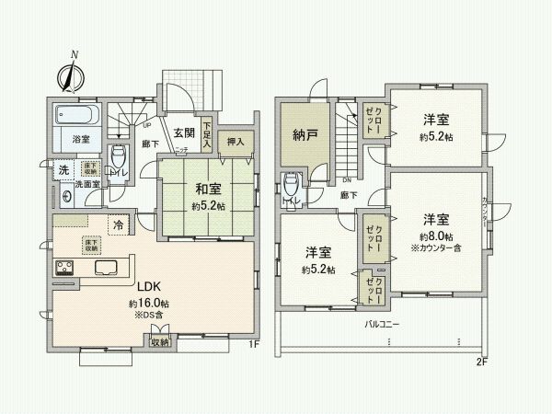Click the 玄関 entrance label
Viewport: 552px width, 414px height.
182,133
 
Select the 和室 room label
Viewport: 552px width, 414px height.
205,190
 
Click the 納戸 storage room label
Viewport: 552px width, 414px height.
306,135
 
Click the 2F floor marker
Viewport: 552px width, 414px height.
480,361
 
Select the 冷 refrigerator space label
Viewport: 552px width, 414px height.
119,224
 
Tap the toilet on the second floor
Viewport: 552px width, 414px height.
292,184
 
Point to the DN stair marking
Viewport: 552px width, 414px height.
347,180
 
